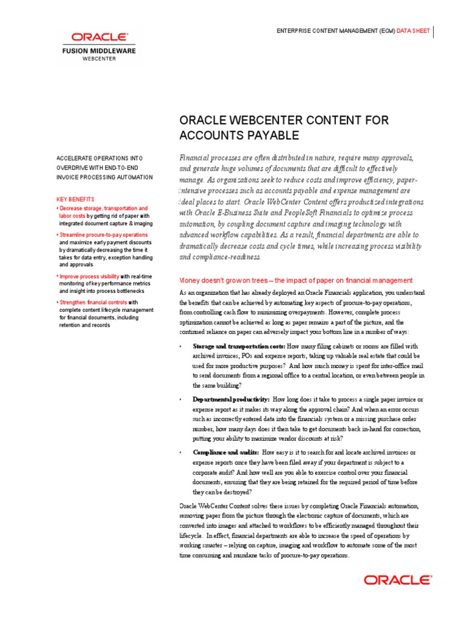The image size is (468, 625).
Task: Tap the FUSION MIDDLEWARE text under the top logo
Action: point(99,51)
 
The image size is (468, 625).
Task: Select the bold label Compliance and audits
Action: point(225,452)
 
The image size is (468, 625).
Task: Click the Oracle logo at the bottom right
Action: point(398,580)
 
